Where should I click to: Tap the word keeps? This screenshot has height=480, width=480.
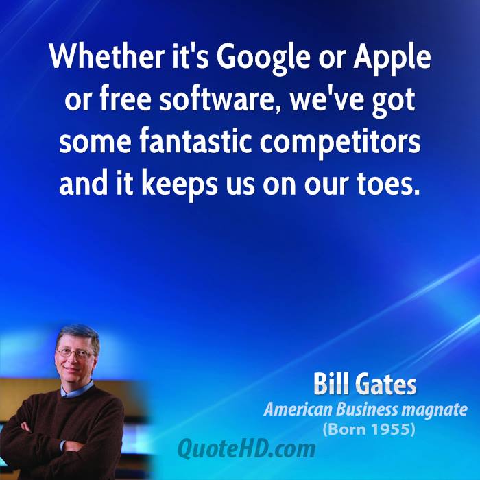pyautogui.click(x=180, y=186)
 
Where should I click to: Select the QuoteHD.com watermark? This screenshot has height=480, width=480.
pyautogui.click(x=246, y=448)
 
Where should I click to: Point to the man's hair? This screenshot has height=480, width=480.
pyautogui.click(x=79, y=335)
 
